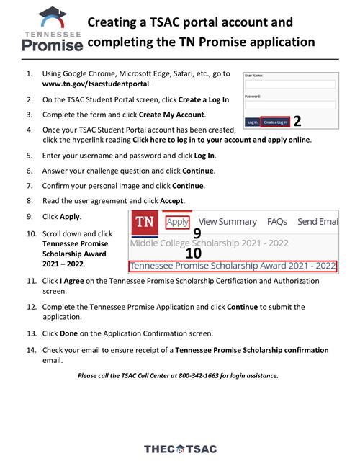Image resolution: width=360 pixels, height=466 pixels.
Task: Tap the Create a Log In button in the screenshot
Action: tap(274, 122)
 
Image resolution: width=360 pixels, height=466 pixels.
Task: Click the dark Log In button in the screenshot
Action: tap(252, 122)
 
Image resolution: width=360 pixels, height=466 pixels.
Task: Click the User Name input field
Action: tap(289, 84)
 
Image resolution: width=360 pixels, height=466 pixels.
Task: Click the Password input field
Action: tap(289, 104)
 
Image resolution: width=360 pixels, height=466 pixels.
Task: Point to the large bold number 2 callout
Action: tap(297, 121)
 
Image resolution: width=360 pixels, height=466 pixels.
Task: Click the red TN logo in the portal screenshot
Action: tap(145, 222)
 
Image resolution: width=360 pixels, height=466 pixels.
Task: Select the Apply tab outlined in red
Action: tap(177, 222)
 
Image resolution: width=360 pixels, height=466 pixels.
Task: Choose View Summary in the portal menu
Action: tap(228, 222)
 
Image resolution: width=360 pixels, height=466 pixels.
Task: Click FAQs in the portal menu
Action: tap(277, 222)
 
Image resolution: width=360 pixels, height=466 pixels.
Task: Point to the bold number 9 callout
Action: tap(197, 233)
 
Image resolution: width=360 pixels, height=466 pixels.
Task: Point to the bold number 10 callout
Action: tap(194, 253)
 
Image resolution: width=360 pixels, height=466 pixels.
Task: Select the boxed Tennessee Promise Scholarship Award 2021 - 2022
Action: tap(233, 266)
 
